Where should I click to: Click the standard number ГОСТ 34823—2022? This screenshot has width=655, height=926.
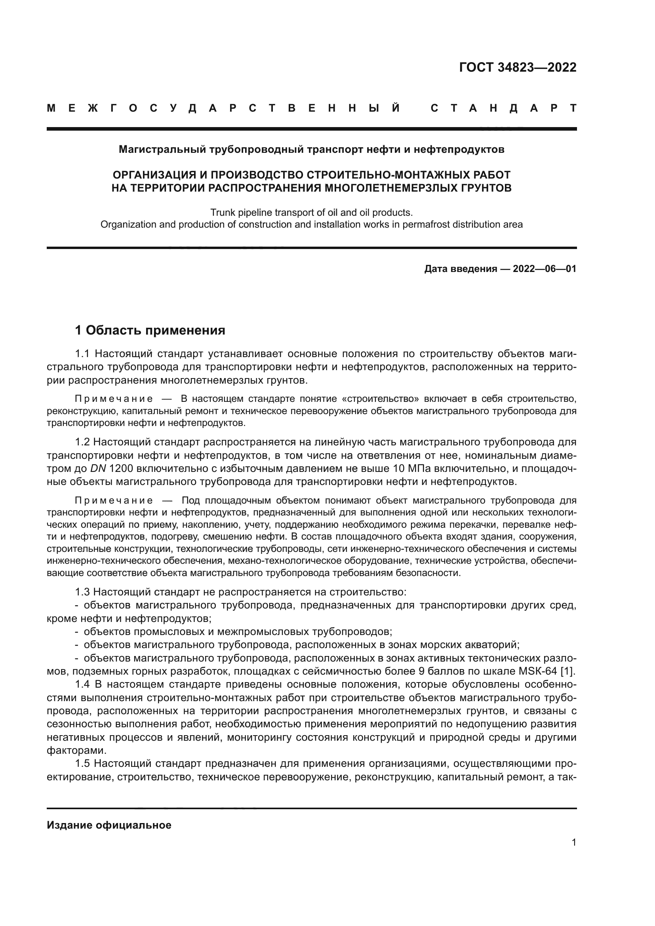pos(518,67)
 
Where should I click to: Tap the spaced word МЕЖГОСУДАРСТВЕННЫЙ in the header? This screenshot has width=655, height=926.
pos(223,108)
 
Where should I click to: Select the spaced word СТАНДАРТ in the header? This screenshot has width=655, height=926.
pos(504,108)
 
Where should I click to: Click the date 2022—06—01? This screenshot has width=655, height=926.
pos(545,268)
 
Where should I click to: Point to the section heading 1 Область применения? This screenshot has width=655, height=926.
pos(150,330)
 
